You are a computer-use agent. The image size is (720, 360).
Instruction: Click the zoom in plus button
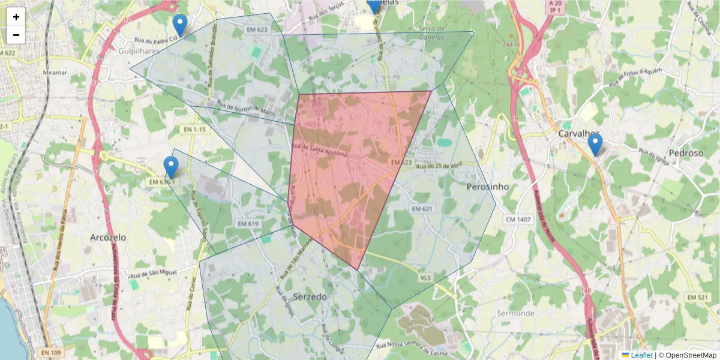[x=16, y=17]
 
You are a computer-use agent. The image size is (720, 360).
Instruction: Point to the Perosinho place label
[x=487, y=187]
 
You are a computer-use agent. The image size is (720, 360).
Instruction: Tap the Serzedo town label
[x=310, y=296]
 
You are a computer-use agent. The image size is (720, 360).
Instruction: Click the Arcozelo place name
[x=108, y=237]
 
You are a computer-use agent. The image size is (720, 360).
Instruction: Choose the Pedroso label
[x=686, y=153]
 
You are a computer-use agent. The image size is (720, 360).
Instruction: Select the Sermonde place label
[x=515, y=313]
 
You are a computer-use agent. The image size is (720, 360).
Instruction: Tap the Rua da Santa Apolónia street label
[x=319, y=149]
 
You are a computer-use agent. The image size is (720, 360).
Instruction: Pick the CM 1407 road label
[x=518, y=220]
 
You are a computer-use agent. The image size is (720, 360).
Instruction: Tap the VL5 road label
[x=425, y=277]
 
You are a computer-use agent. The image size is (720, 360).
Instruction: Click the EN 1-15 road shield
[x=194, y=129]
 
